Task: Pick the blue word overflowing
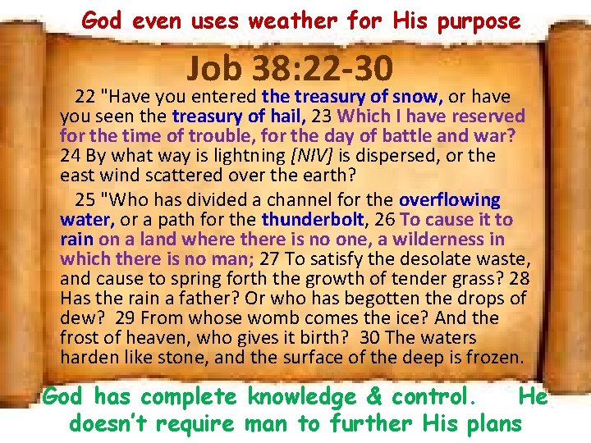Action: click(x=449, y=200)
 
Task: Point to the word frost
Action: click(x=80, y=338)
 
